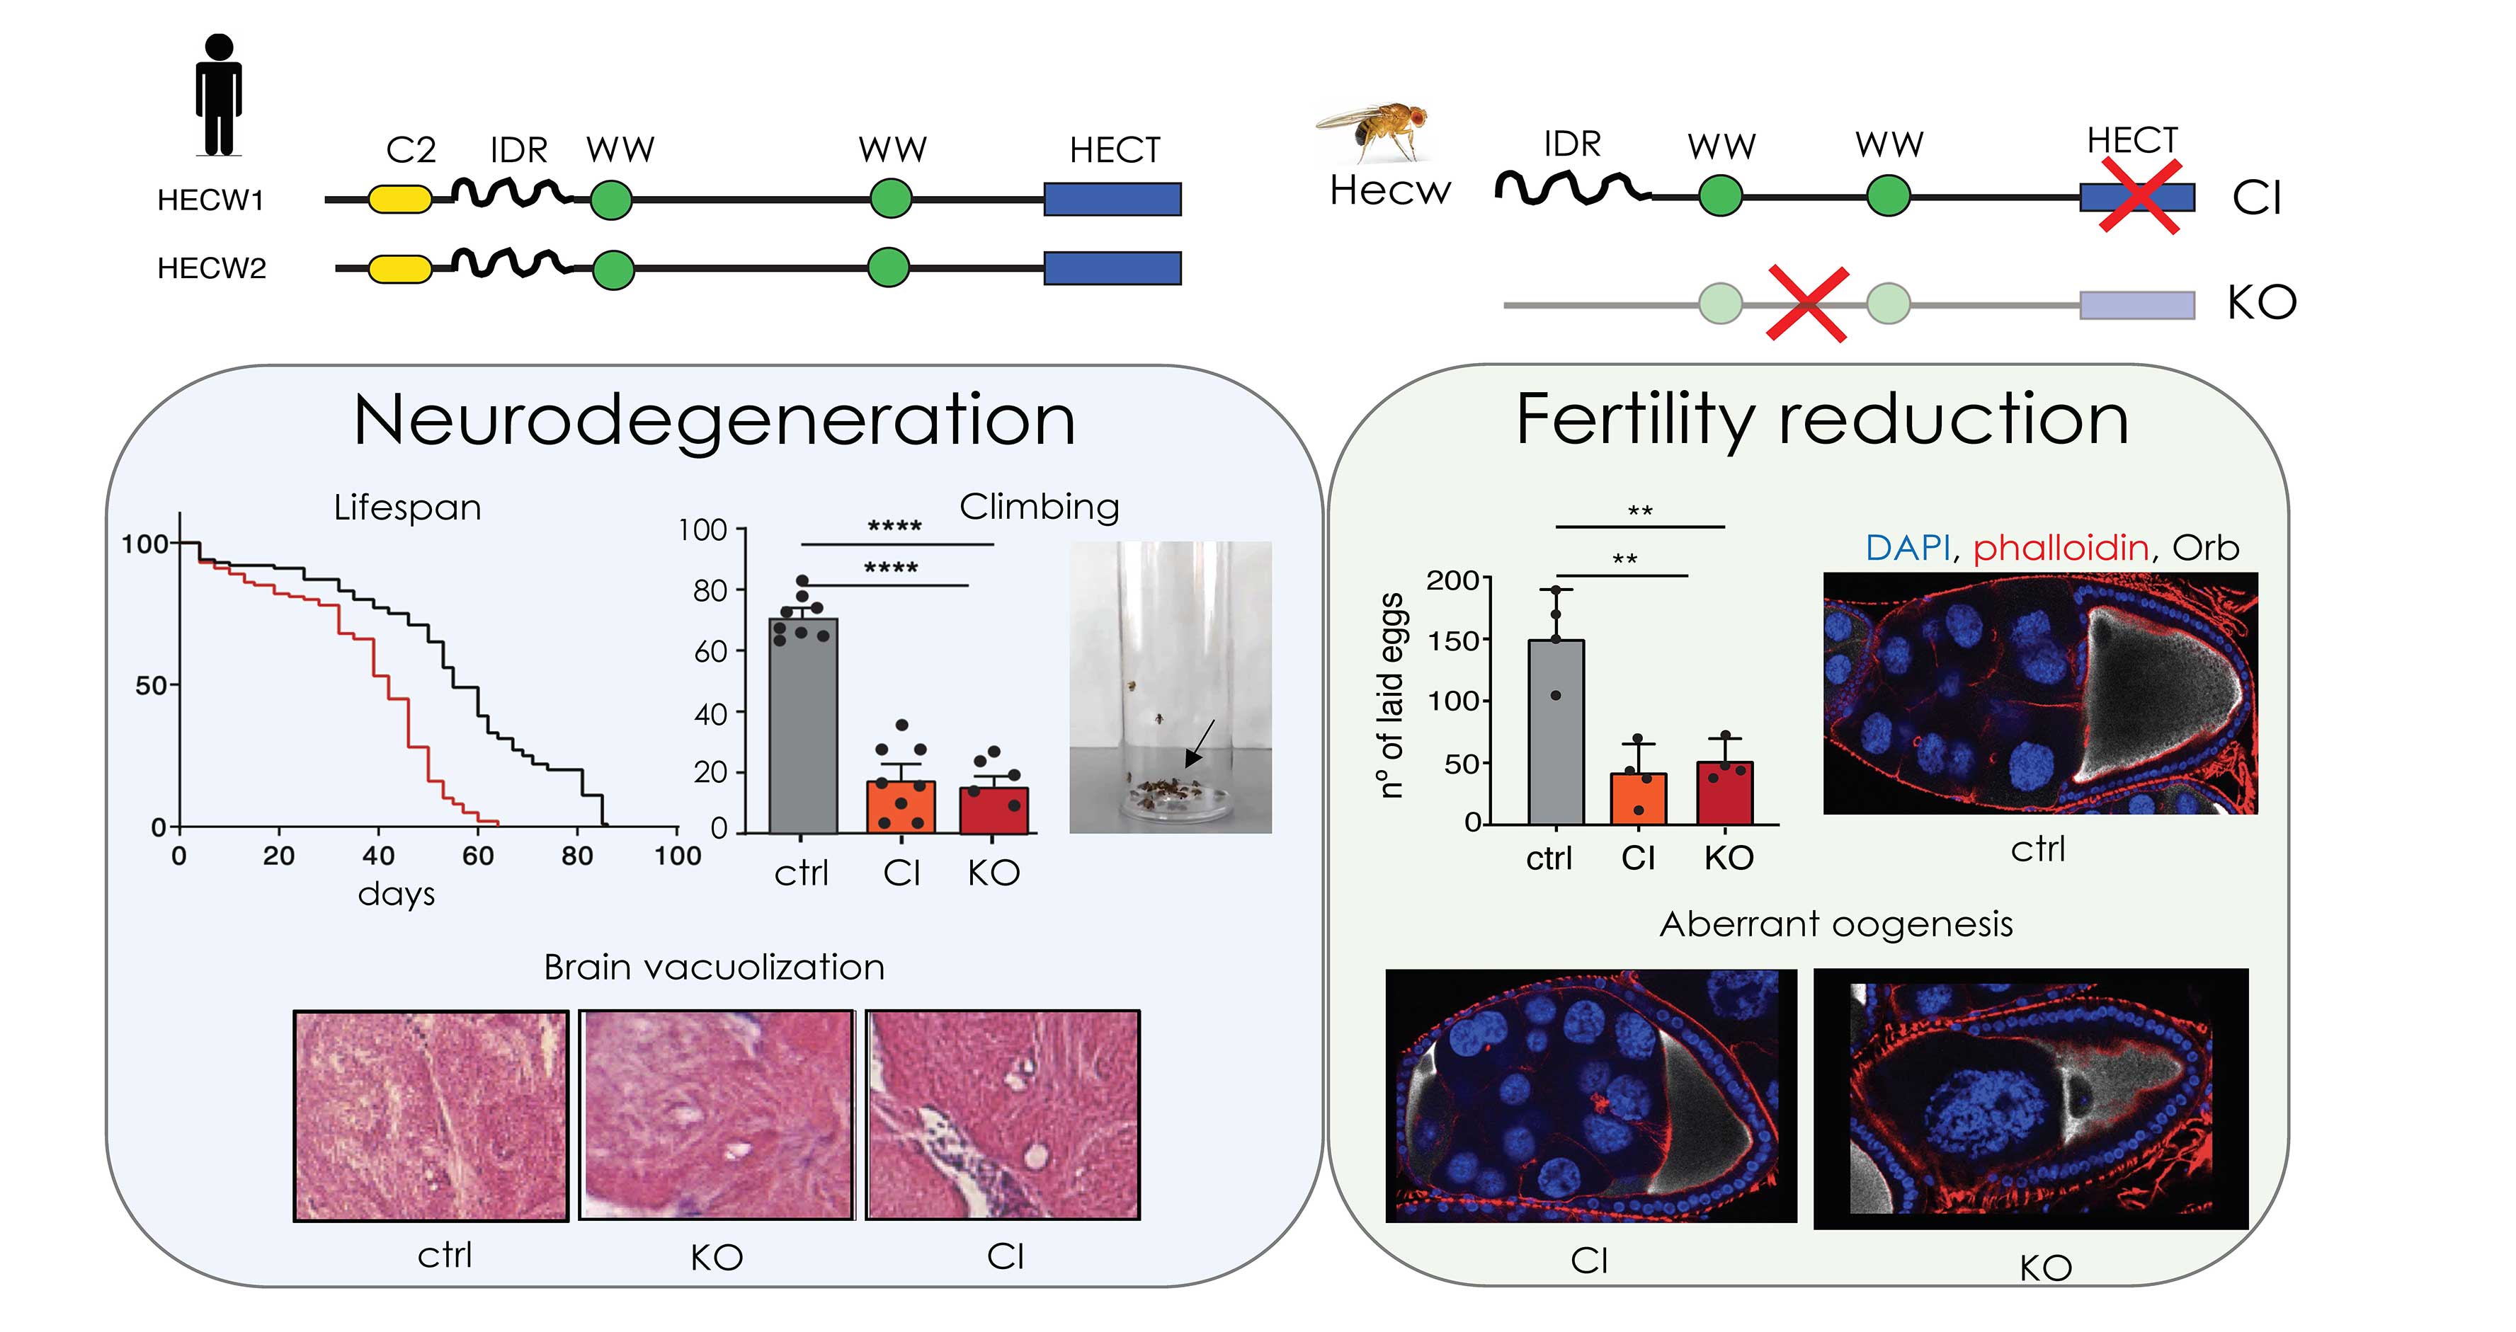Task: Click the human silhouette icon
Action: pyautogui.click(x=219, y=95)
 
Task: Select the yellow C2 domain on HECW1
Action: pyautogui.click(x=399, y=199)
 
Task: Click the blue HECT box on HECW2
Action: pyautogui.click(x=1112, y=268)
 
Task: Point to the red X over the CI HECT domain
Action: pyautogui.click(x=2140, y=198)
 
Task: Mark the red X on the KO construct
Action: pyautogui.click(x=1808, y=304)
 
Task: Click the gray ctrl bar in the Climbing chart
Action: pyautogui.click(x=803, y=725)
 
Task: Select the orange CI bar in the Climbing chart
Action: pyautogui.click(x=901, y=808)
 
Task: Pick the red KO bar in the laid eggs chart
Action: pyautogui.click(x=1725, y=793)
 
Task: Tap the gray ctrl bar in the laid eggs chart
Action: pyautogui.click(x=1556, y=733)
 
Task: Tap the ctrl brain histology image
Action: pyautogui.click(x=431, y=1115)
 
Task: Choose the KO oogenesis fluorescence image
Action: pyautogui.click(x=2031, y=1098)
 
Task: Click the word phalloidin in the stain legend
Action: pyautogui.click(x=2061, y=548)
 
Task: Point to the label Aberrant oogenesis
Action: pyautogui.click(x=1836, y=924)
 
